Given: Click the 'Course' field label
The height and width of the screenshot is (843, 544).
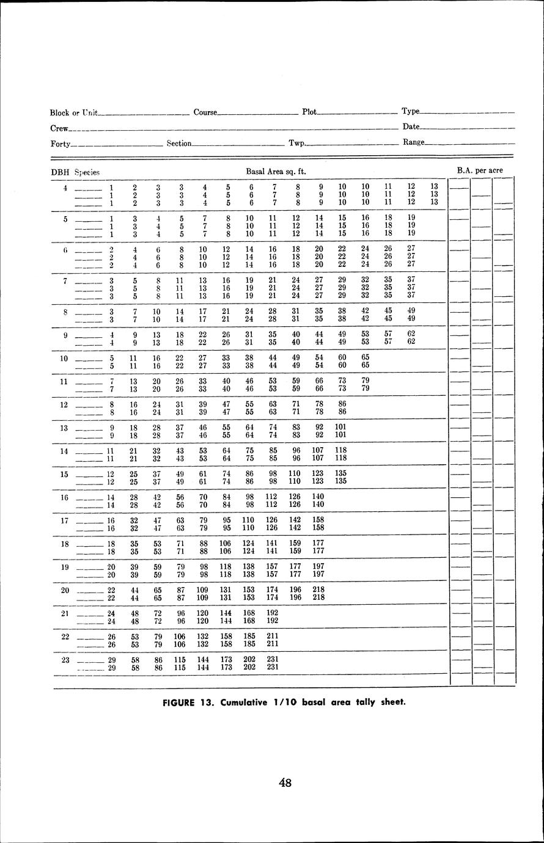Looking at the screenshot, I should (x=205, y=112).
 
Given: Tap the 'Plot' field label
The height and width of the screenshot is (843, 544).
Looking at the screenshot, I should (x=309, y=112).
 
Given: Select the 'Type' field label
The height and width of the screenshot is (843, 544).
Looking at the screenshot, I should (x=410, y=111).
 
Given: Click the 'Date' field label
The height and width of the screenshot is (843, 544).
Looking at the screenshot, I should (x=411, y=126).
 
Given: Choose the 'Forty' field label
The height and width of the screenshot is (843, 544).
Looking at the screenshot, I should (x=60, y=144).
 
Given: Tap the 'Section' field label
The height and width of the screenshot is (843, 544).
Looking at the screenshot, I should (x=179, y=144).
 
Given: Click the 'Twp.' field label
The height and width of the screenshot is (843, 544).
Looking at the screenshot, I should (x=296, y=144).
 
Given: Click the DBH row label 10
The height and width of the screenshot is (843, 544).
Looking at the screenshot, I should (x=64, y=359).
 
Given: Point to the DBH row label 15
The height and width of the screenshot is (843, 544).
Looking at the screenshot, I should (x=64, y=474).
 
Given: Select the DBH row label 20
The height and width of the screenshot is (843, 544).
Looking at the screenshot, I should (x=64, y=590).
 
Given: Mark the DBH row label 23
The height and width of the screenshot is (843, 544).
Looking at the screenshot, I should (x=64, y=660).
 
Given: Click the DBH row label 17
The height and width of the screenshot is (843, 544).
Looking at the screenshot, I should (x=64, y=520).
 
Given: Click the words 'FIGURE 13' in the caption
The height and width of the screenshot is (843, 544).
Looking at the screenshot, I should (x=186, y=702).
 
